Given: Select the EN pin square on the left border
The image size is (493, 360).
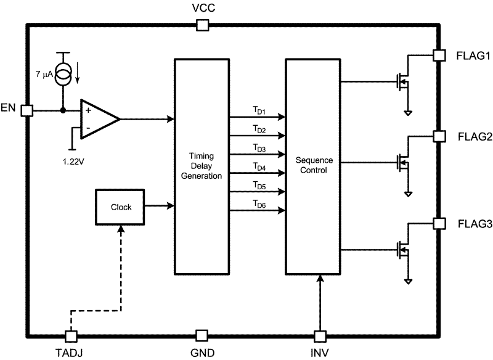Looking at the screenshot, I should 26,110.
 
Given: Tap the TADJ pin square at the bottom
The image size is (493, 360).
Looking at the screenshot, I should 71,336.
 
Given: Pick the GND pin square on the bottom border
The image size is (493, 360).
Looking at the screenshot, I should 201,336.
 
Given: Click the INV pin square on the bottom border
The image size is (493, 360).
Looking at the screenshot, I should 319,336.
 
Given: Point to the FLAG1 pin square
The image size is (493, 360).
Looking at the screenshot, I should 439,55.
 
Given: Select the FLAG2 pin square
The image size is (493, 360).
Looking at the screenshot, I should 439,136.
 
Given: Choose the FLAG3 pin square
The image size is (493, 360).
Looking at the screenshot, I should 439,223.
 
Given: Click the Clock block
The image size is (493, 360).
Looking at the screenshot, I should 121,207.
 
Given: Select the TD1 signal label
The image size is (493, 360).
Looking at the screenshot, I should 258,111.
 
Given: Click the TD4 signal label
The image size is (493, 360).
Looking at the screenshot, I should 258,167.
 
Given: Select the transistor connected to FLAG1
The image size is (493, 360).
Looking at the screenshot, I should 403,81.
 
